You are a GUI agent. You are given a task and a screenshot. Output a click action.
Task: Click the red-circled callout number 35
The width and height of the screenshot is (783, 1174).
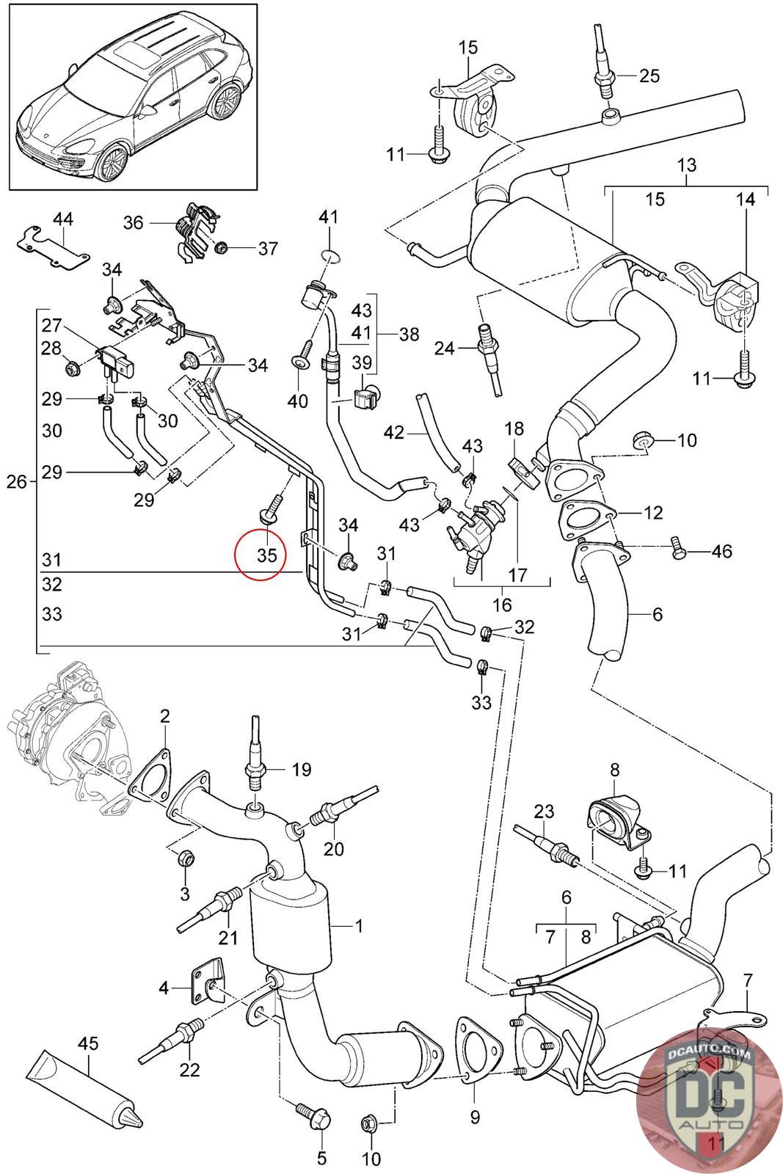pyautogui.click(x=266, y=555)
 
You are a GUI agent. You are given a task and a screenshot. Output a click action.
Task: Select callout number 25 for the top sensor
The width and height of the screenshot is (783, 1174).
pyautogui.click(x=649, y=76)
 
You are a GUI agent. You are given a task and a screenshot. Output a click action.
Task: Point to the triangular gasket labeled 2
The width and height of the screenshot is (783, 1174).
pyautogui.click(x=151, y=780)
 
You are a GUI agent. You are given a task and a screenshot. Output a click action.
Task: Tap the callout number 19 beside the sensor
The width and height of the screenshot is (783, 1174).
pyautogui.click(x=301, y=770)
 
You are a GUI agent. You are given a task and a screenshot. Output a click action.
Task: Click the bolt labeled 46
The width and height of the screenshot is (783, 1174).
pyautogui.click(x=678, y=550)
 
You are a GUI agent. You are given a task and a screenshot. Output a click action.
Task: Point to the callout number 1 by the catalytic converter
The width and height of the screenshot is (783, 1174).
pyautogui.click(x=359, y=926)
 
